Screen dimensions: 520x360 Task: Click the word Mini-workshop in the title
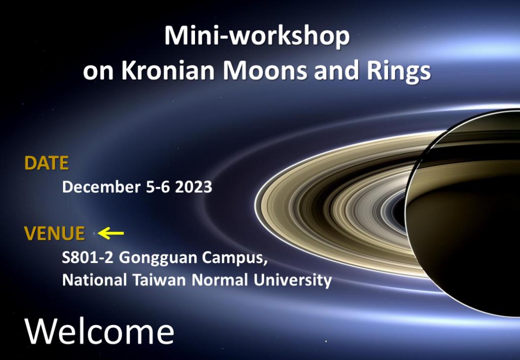[x=257, y=37]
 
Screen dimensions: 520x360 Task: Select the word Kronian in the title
[x=168, y=70]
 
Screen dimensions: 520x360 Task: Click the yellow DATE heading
[x=46, y=163]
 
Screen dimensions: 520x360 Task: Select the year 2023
[x=193, y=187]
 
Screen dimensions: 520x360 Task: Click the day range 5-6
[x=158, y=187]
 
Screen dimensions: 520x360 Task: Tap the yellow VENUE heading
[x=54, y=234]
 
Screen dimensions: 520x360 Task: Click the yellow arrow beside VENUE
[x=111, y=233]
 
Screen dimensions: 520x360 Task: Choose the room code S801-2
[x=88, y=257]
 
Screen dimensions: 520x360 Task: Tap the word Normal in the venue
[x=220, y=280]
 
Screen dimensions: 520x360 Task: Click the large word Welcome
[x=99, y=332]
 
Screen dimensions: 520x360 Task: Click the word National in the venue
[x=94, y=280]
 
